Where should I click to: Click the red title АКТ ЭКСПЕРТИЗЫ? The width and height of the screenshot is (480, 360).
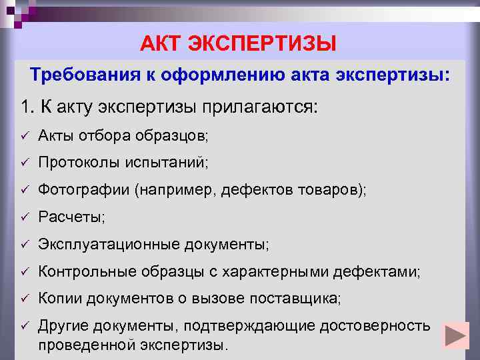(x=239, y=44)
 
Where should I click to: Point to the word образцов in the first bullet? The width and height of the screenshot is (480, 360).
(x=179, y=136)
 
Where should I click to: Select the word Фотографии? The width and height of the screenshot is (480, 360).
(x=84, y=190)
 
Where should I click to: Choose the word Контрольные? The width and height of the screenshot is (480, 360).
(x=80, y=272)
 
